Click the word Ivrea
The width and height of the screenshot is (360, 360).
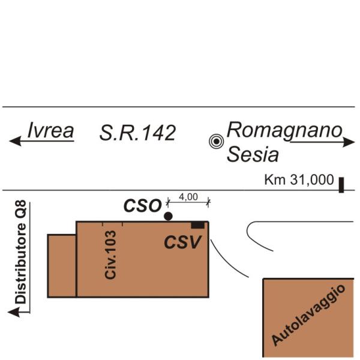[x=51, y=130]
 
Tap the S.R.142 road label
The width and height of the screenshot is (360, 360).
[x=137, y=133]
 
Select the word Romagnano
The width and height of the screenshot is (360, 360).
[x=284, y=130]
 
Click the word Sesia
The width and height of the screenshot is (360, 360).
[x=253, y=155]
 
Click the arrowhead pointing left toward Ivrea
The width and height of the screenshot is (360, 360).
[x=15, y=142]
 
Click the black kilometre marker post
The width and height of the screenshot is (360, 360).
[x=341, y=184]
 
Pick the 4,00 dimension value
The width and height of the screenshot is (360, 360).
[x=188, y=196]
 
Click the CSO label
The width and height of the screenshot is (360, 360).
[x=142, y=206]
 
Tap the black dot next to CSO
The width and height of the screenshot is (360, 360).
[x=168, y=216]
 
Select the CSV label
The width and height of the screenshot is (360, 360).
[x=183, y=242]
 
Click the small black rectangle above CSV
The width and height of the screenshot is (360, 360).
[x=197, y=225]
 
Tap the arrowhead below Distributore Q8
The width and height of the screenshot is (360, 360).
[x=13, y=311]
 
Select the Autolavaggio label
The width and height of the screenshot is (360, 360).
[x=309, y=316]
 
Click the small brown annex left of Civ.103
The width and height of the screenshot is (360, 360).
[x=62, y=266]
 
